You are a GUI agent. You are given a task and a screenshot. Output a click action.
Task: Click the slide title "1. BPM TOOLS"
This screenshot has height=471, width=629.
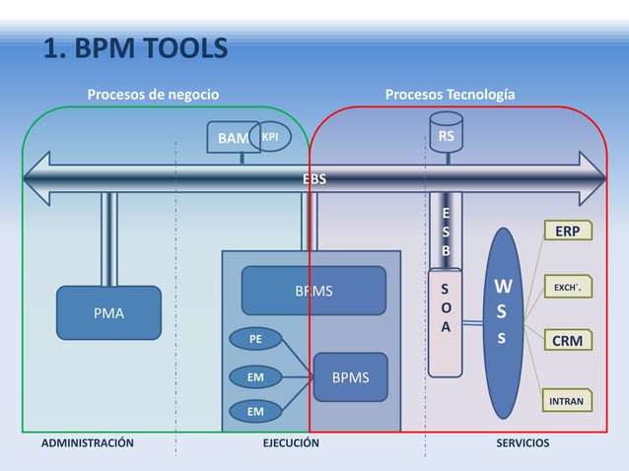click(x=134, y=48)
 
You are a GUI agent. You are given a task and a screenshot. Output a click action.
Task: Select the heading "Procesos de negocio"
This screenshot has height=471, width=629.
click(x=153, y=95)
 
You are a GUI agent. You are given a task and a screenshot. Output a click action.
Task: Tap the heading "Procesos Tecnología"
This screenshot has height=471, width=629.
click(x=450, y=95)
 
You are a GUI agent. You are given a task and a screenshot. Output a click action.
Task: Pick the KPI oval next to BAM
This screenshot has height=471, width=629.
click(x=270, y=138)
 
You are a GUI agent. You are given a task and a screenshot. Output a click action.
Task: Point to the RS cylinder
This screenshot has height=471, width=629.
click(x=446, y=135)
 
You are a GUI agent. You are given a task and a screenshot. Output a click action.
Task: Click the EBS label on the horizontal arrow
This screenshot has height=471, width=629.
click(x=314, y=179)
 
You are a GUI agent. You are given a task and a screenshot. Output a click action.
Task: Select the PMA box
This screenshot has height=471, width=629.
click(x=108, y=313)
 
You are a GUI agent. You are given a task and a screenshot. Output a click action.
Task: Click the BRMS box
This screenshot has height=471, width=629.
click(x=314, y=291)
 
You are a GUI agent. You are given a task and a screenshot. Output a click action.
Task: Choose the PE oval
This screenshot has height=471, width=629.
click(x=255, y=339)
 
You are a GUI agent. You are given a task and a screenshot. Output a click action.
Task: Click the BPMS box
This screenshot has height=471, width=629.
click(x=350, y=376)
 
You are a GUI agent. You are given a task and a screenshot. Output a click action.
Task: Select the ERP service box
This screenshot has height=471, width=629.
click(x=566, y=231)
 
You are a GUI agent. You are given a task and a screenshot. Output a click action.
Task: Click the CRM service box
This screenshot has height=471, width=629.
click(x=566, y=341)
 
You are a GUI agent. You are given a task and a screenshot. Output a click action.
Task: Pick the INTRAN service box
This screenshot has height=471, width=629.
click(x=565, y=401)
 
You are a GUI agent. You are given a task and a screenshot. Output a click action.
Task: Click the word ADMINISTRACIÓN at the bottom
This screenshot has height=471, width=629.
click(x=87, y=443)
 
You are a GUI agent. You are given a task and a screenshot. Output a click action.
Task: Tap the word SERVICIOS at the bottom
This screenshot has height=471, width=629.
click(x=523, y=443)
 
